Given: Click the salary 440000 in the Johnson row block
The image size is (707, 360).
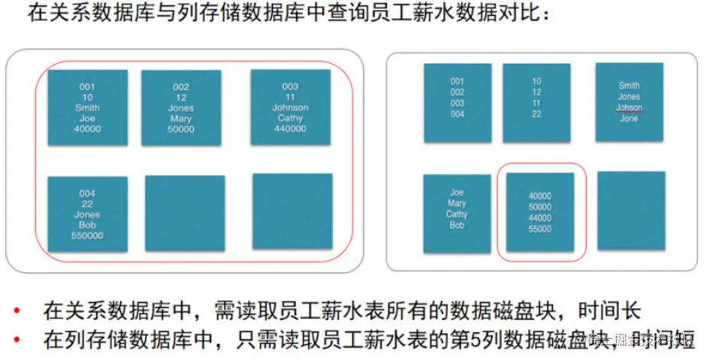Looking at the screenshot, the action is pyautogui.click(x=290, y=129).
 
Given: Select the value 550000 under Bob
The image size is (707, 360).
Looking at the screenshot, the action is pyautogui.click(x=87, y=236).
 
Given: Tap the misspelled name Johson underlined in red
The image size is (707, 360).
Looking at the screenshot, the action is pyautogui.click(x=629, y=107).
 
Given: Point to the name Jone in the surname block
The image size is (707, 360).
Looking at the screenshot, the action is pyautogui.click(x=629, y=118).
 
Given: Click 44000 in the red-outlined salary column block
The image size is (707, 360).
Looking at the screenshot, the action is pyautogui.click(x=539, y=218).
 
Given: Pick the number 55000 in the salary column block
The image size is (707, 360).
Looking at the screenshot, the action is pyautogui.click(x=539, y=228).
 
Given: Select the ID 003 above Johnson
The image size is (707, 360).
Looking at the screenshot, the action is pyautogui.click(x=290, y=86).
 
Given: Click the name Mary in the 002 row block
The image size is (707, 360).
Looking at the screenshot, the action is pyautogui.click(x=181, y=119).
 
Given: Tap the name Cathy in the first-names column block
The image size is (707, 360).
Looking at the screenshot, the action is pyautogui.click(x=457, y=214).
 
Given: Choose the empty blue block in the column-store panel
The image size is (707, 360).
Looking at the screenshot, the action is pyautogui.click(x=631, y=210).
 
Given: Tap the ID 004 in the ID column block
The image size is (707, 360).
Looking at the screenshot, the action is pyautogui.click(x=458, y=114).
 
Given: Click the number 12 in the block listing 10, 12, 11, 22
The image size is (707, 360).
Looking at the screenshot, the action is pyautogui.click(x=536, y=92).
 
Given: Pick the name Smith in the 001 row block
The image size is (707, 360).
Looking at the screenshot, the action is pyautogui.click(x=87, y=107).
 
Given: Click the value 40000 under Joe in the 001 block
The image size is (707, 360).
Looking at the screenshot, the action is pyautogui.click(x=87, y=129).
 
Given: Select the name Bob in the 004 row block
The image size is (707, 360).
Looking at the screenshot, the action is pyautogui.click(x=87, y=225).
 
